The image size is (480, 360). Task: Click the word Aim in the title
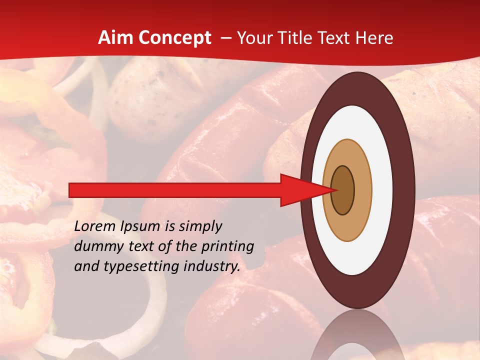click(x=115, y=38)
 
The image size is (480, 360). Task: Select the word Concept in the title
click(x=174, y=38)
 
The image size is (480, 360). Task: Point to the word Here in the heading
click(x=374, y=38)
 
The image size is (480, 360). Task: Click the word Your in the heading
click(x=254, y=38)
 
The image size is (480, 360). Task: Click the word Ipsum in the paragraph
click(x=140, y=226)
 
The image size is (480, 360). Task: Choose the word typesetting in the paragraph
click(x=143, y=266)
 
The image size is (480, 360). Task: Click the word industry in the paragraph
click(x=211, y=266)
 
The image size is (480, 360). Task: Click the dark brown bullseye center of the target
click(x=343, y=190)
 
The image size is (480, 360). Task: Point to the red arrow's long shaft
click(x=175, y=190)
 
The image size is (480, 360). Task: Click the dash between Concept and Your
click(x=226, y=38)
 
